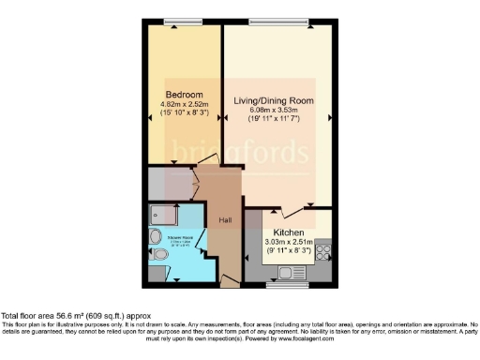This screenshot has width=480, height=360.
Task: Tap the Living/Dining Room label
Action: (281, 99)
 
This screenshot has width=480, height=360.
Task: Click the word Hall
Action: (225, 221)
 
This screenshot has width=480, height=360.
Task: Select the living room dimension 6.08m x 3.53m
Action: (281, 110)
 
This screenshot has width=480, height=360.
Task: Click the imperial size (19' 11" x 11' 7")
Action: (281, 120)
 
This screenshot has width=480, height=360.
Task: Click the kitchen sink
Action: (287, 270)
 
